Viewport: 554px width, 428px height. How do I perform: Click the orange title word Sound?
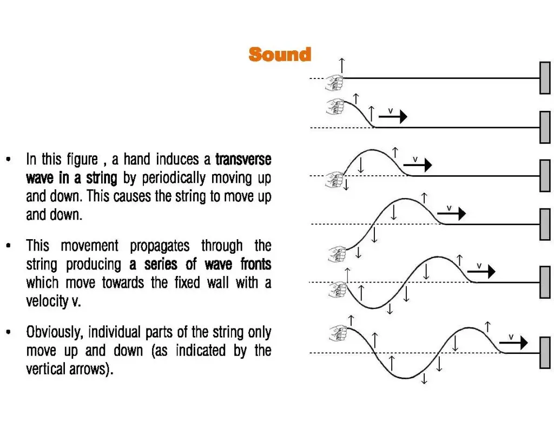click(280, 55)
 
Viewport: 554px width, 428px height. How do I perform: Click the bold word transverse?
click(243, 160)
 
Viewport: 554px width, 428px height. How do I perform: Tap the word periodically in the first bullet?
click(174, 179)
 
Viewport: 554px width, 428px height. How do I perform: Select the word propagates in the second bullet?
click(160, 246)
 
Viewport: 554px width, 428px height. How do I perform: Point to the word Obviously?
click(55, 333)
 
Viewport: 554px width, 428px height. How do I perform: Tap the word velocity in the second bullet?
click(47, 301)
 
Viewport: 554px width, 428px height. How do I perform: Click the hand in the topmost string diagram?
click(334, 83)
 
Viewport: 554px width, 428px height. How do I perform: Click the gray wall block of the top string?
click(545, 78)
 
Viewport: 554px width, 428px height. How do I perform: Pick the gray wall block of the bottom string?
click(545, 353)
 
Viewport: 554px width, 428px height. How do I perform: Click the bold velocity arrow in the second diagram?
click(393, 116)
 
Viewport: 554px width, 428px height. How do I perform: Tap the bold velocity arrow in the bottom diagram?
click(513, 343)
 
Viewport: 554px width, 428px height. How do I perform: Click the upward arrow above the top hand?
click(342, 65)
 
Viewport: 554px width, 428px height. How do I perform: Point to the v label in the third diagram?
click(415, 160)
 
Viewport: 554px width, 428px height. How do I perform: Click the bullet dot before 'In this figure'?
click(9, 160)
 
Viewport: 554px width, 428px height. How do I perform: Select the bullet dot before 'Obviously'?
click(9, 332)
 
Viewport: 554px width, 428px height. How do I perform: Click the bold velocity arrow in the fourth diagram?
click(452, 214)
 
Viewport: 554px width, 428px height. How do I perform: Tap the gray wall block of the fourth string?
click(545, 225)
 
